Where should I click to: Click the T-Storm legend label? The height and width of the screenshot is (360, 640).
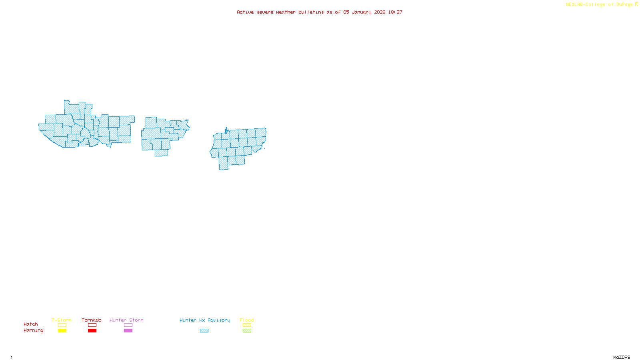(62, 320)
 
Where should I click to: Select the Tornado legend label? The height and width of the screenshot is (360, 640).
(92, 320)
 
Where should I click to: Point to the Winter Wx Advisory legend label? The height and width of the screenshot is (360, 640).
(205, 320)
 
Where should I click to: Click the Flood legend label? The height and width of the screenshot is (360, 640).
(247, 320)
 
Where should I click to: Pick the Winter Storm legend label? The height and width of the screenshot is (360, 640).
(126, 320)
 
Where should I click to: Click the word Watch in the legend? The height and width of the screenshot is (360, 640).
(31, 324)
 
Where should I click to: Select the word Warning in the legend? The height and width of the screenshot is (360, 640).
(34, 330)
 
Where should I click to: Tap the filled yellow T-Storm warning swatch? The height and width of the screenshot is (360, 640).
(62, 331)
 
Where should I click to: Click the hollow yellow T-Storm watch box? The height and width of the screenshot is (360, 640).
(62, 325)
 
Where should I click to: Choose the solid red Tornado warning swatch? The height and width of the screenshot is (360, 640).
(92, 331)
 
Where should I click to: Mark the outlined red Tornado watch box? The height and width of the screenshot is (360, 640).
(92, 325)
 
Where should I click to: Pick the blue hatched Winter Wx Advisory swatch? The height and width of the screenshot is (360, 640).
(204, 331)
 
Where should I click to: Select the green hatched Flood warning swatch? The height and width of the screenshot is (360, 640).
(247, 331)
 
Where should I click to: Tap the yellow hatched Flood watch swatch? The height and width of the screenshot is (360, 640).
(247, 325)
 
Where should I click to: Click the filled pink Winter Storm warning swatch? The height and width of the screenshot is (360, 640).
(128, 331)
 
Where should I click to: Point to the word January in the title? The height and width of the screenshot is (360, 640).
(362, 12)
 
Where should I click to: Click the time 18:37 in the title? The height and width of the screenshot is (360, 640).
(395, 12)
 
